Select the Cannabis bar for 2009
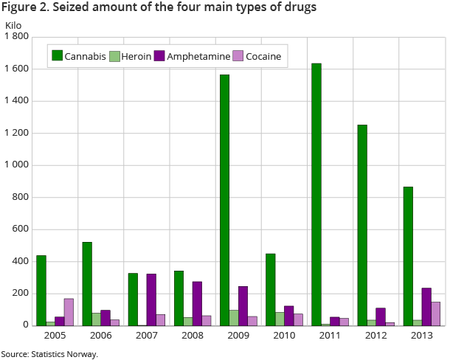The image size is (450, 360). [x=224, y=200]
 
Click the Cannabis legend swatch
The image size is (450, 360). [x=56, y=56]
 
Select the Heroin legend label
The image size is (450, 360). [x=136, y=56]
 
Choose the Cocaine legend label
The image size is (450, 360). [x=263, y=56]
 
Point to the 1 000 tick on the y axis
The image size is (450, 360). [x=16, y=165]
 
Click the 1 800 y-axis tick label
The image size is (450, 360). [x=16, y=37]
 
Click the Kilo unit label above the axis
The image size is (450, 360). [x=14, y=25]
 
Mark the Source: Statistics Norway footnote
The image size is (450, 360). [x=49, y=353]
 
